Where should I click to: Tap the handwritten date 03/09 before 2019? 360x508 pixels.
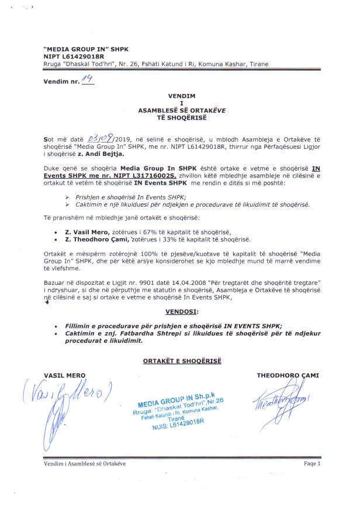pos(98,139)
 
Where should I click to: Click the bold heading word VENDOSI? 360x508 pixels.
pos(181,312)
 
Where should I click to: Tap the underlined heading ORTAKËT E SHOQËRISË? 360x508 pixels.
pos(181,362)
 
